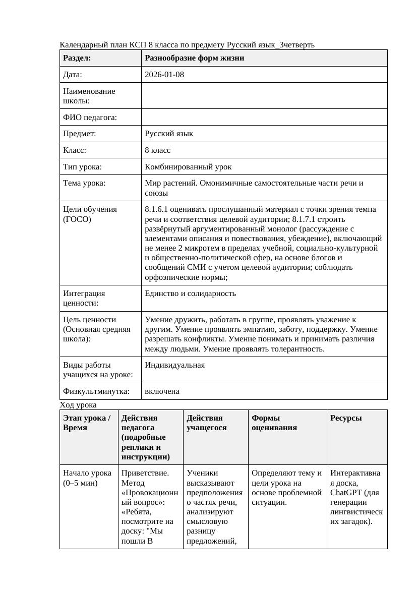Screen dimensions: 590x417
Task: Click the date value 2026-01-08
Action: [x=164, y=75]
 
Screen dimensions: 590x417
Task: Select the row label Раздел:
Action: [x=77, y=58]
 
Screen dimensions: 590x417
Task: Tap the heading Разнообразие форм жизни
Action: [x=195, y=58]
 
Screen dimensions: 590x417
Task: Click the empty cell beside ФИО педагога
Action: [x=264, y=117]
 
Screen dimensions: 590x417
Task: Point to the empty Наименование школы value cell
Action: [x=264, y=96]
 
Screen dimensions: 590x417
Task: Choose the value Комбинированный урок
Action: [x=188, y=166]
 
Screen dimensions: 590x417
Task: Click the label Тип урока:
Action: [x=82, y=166]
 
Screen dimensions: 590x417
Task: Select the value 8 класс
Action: [x=157, y=150]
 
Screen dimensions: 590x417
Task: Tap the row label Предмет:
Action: [x=80, y=134]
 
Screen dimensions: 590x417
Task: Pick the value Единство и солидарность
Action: [x=190, y=293]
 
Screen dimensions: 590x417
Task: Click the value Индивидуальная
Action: [x=174, y=365]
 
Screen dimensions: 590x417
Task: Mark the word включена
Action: [x=162, y=391]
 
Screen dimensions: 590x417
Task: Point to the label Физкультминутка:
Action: [x=96, y=391]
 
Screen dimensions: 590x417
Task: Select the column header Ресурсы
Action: [x=345, y=418]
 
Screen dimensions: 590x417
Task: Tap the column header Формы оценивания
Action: [x=274, y=423]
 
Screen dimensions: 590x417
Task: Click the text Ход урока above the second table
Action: [x=78, y=404]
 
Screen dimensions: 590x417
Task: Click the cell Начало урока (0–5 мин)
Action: [x=87, y=478]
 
